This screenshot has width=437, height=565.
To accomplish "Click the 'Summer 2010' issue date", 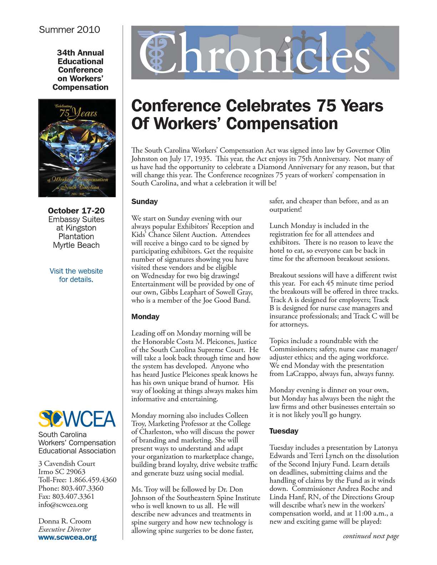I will coord(69,30).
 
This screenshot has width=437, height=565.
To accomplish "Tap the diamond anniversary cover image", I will coord(77,148).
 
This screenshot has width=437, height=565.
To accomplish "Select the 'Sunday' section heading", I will coord(144,202).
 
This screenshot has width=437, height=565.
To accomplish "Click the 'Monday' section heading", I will coord(145,317).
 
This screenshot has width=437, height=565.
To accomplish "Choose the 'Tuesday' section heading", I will coord(283,431).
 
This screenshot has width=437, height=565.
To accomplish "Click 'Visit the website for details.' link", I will coord(76,275).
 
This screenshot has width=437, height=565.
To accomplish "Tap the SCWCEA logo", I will coord(77,419).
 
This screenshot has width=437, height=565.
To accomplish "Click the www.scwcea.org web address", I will coord(67,538).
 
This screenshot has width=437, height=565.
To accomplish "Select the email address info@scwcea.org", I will coord(63,505).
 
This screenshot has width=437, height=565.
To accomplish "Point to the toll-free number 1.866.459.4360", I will coord(92,480).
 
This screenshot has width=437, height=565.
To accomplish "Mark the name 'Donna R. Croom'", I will coord(65,521).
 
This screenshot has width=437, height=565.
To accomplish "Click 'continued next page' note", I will coord(371,536).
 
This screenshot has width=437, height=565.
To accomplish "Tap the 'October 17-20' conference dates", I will coord(76,211).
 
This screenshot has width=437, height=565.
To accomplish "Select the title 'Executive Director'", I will coord(64,529).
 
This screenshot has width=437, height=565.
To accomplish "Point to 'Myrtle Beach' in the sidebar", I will coord(76,245).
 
